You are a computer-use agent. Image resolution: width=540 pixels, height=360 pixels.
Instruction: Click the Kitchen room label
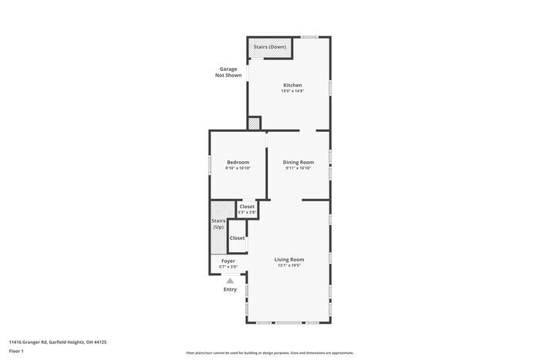[x=292, y=85]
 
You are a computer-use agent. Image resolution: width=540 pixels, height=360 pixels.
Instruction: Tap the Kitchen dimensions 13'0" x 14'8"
[x=292, y=91]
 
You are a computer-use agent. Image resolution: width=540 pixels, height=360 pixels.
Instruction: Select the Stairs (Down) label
[x=270, y=47]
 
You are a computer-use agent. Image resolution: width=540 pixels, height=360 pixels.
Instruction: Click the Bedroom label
[x=238, y=162]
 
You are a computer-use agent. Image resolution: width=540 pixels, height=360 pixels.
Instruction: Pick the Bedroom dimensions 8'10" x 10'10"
[x=238, y=168]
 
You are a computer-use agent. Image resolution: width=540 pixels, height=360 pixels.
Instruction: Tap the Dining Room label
[x=298, y=162]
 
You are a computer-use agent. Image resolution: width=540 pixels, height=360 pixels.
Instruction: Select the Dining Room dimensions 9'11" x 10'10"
[x=298, y=168]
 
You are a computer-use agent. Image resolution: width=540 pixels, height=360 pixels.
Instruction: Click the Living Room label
[x=289, y=259]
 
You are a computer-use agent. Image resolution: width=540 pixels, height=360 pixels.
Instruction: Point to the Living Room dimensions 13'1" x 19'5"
[x=289, y=265]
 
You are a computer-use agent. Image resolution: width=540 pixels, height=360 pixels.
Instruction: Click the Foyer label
[x=228, y=261]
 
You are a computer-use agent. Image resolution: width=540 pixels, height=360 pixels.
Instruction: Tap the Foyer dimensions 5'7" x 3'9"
[x=228, y=267]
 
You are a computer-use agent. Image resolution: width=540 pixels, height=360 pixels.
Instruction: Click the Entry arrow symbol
[x=230, y=281]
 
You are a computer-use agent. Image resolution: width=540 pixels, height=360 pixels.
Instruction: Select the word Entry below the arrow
[x=230, y=289]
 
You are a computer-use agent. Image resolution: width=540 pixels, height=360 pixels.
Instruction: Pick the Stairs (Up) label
[x=218, y=224]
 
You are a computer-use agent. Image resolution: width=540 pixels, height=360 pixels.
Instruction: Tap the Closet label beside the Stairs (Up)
[x=238, y=238]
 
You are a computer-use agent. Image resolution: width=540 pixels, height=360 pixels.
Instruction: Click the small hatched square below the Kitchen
[x=255, y=123]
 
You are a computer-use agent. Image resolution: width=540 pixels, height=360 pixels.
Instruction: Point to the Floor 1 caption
[x=16, y=352]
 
